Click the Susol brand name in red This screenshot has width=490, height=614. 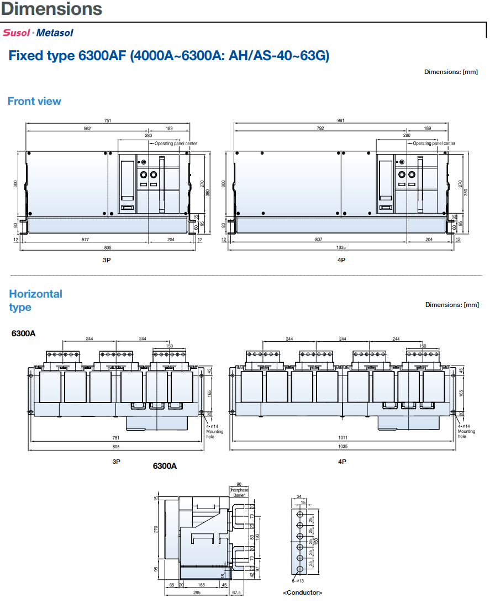[x=17, y=33]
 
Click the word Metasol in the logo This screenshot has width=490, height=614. [x=55, y=33]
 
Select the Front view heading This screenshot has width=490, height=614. [x=34, y=102]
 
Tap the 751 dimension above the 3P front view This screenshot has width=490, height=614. [x=108, y=120]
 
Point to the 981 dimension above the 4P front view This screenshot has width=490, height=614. [x=341, y=120]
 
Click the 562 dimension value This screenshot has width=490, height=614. [x=87, y=129]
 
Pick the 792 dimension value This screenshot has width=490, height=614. [x=320, y=129]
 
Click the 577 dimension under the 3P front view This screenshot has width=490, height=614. [x=86, y=240]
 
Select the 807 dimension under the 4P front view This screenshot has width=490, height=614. [x=319, y=240]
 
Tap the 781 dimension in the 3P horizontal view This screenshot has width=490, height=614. [x=116, y=438]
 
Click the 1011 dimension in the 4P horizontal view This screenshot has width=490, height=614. [x=343, y=438]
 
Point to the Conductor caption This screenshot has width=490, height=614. [x=302, y=593]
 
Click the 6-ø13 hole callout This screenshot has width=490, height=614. [x=298, y=581]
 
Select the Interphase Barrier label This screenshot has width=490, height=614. [x=239, y=493]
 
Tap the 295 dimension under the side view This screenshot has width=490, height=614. [x=197, y=593]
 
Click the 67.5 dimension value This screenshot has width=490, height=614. [x=236, y=593]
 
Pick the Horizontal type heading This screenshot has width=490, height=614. [x=36, y=301]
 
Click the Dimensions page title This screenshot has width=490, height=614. [x=51, y=9]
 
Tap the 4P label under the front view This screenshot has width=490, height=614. [x=341, y=260]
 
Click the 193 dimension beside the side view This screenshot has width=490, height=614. [x=257, y=537]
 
